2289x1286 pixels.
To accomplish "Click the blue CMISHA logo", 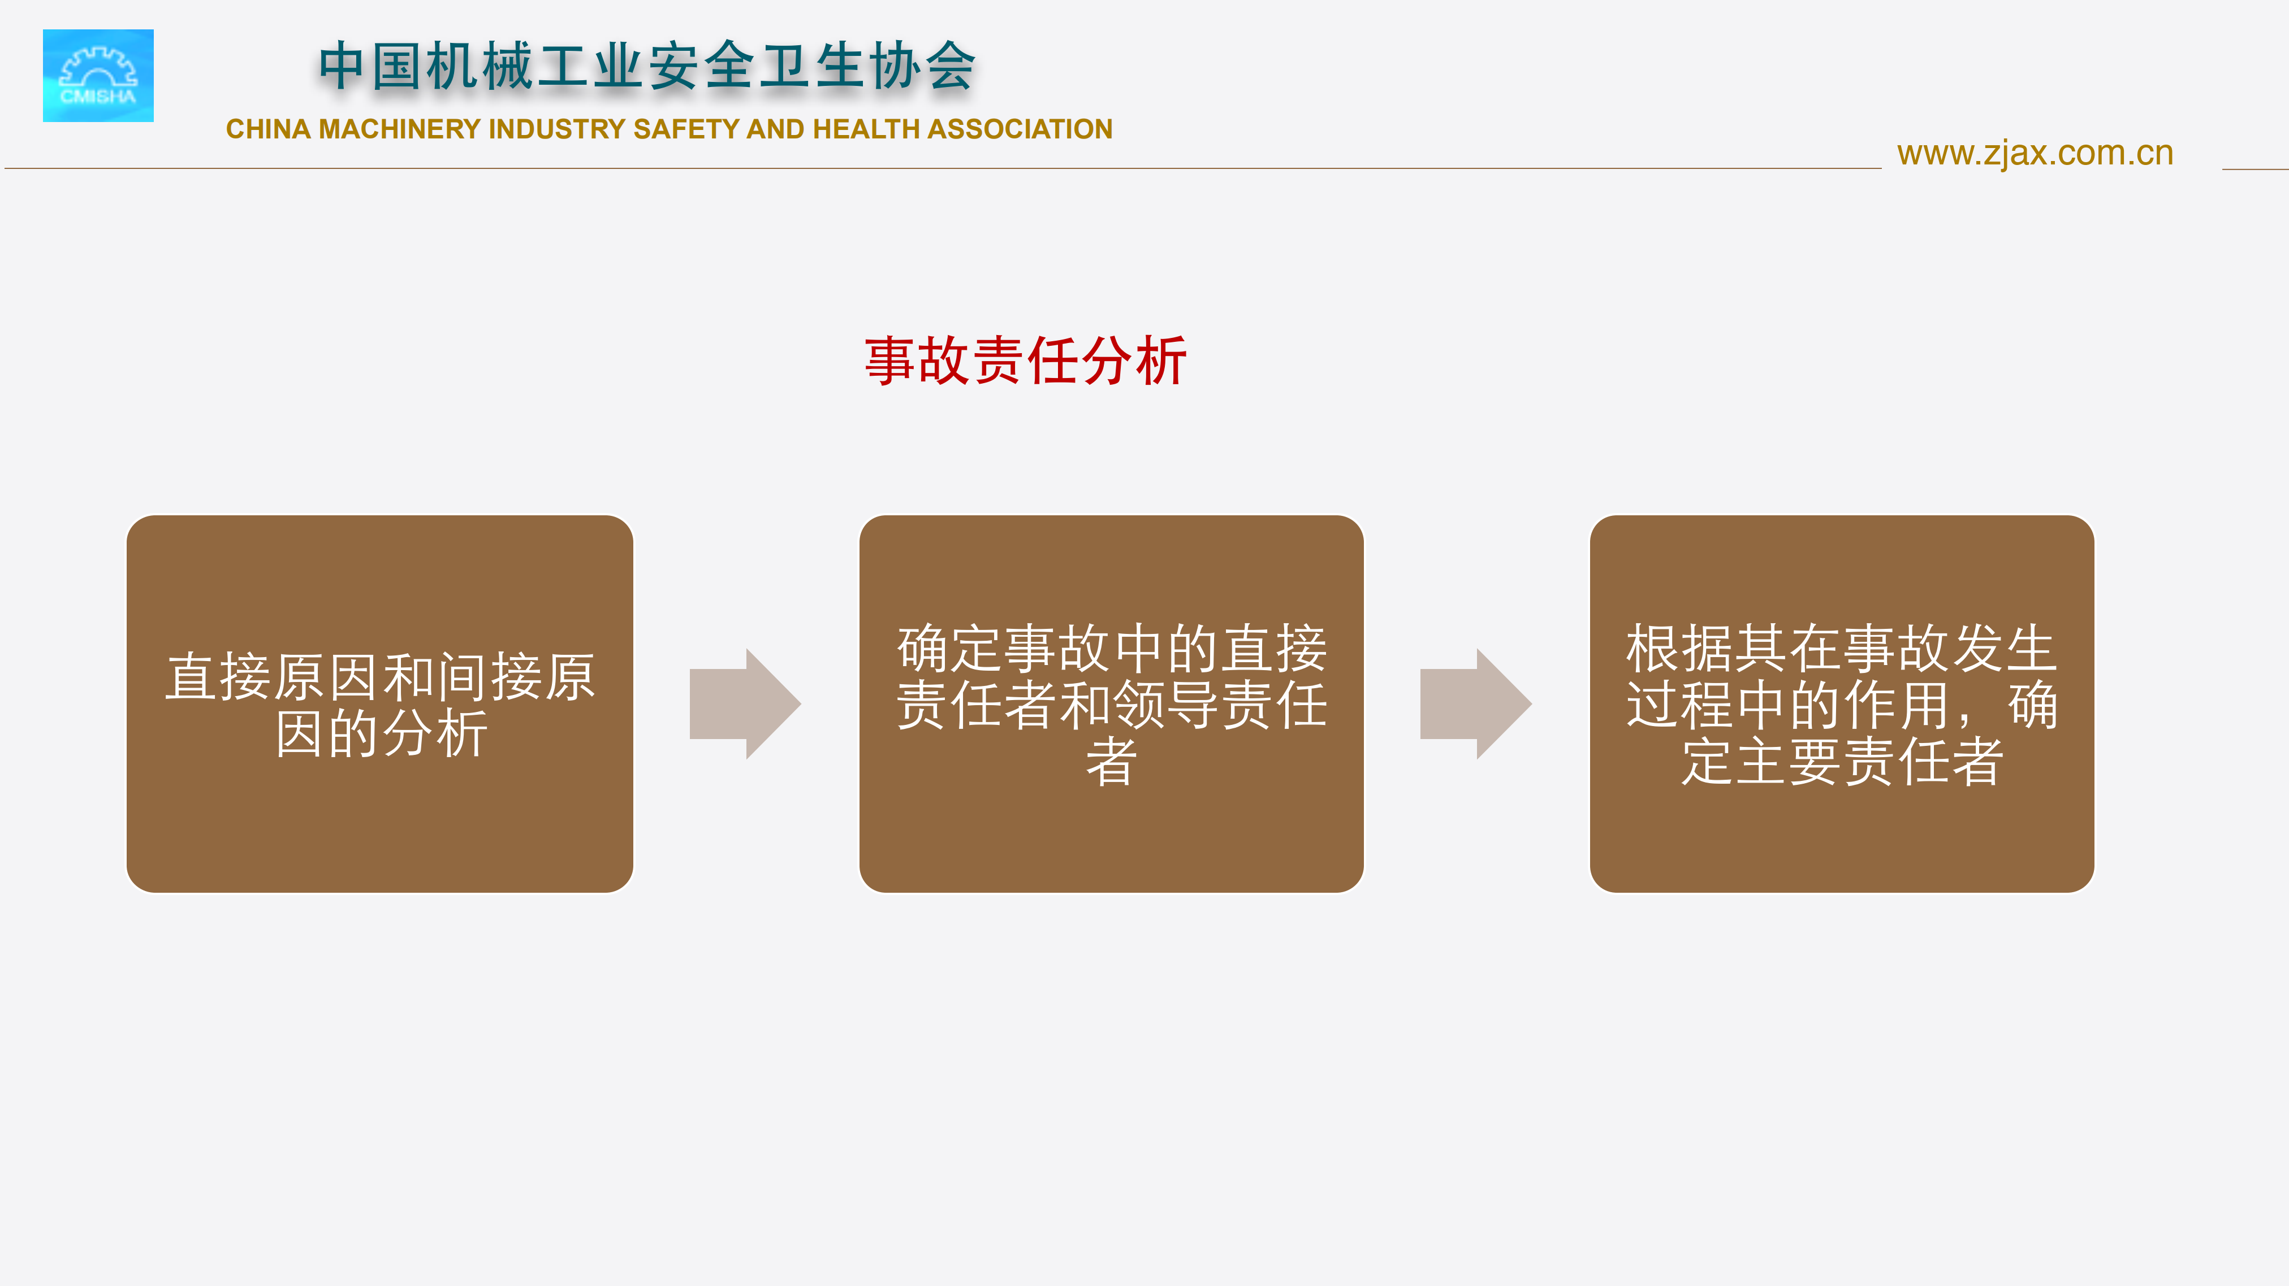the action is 98,76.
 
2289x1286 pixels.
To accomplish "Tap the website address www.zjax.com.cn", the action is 2035,154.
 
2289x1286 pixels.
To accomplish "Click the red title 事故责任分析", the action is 1025,360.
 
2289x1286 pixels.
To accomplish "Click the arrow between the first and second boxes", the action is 745,703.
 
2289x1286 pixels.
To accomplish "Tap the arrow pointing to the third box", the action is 1476,703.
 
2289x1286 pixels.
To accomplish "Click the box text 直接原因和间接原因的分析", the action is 381,704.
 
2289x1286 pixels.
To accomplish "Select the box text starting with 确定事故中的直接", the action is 1112,704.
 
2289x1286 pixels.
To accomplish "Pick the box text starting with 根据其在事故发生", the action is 1842,704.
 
